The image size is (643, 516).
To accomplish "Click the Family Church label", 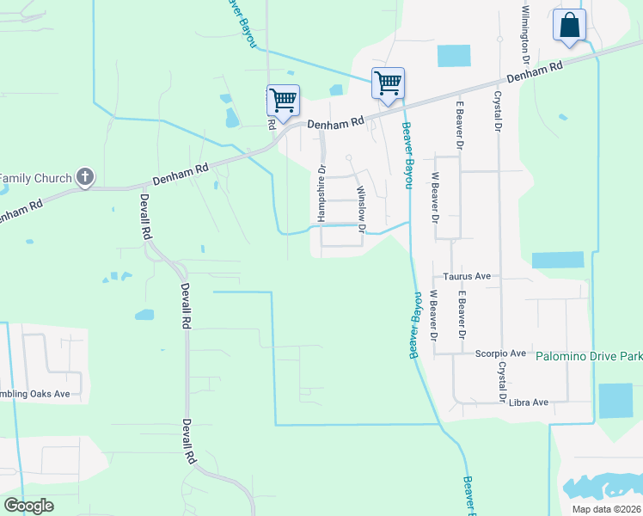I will (35, 178).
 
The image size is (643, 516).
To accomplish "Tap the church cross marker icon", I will (84, 177).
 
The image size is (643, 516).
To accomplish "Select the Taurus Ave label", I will (467, 276).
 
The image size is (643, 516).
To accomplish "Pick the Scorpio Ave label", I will (500, 353).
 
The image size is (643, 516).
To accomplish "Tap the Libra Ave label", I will (528, 402).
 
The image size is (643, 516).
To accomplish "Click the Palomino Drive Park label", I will (589, 355).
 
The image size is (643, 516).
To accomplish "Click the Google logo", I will (28, 506).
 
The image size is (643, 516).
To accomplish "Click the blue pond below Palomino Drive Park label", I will (615, 401).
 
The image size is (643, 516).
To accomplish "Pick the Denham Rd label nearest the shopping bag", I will (534, 71).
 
